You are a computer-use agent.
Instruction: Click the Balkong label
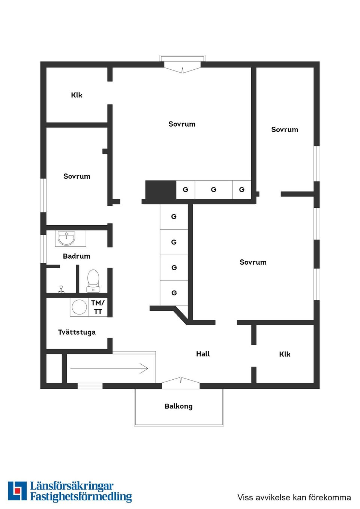tap(178, 406)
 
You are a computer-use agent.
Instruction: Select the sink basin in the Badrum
tap(66, 238)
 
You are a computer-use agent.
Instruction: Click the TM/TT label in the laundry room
tap(98, 307)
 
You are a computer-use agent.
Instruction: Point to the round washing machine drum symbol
tap(79, 307)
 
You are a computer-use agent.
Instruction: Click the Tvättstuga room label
tap(77, 332)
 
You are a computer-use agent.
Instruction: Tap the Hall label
tap(203, 354)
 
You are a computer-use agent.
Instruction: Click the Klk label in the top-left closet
tap(76, 95)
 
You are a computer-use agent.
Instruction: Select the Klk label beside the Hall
tap(285, 354)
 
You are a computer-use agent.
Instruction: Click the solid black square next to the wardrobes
tap(160, 190)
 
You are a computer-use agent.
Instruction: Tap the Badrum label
tap(76, 256)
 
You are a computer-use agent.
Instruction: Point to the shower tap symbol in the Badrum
tap(61, 289)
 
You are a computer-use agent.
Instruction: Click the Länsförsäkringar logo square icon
tap(17, 491)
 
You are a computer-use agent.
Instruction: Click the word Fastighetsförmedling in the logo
tap(81, 497)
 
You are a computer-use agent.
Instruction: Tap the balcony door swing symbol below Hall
tap(181, 381)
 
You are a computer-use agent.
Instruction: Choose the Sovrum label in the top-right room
tap(285, 130)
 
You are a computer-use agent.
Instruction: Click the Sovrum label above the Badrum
tap(77, 177)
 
